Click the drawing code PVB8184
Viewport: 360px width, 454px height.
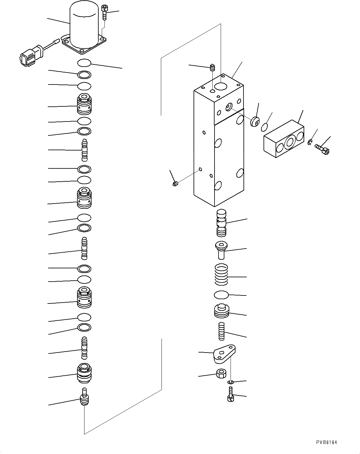[x=326, y=442]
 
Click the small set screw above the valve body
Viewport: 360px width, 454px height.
[x=212, y=68]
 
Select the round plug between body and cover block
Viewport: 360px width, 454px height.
[x=255, y=121]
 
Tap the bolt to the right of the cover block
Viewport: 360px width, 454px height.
[x=322, y=150]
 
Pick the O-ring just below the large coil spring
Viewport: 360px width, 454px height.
[x=221, y=295]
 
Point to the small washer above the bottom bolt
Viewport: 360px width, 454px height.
[x=231, y=382]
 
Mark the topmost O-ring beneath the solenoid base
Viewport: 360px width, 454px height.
[x=84, y=63]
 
